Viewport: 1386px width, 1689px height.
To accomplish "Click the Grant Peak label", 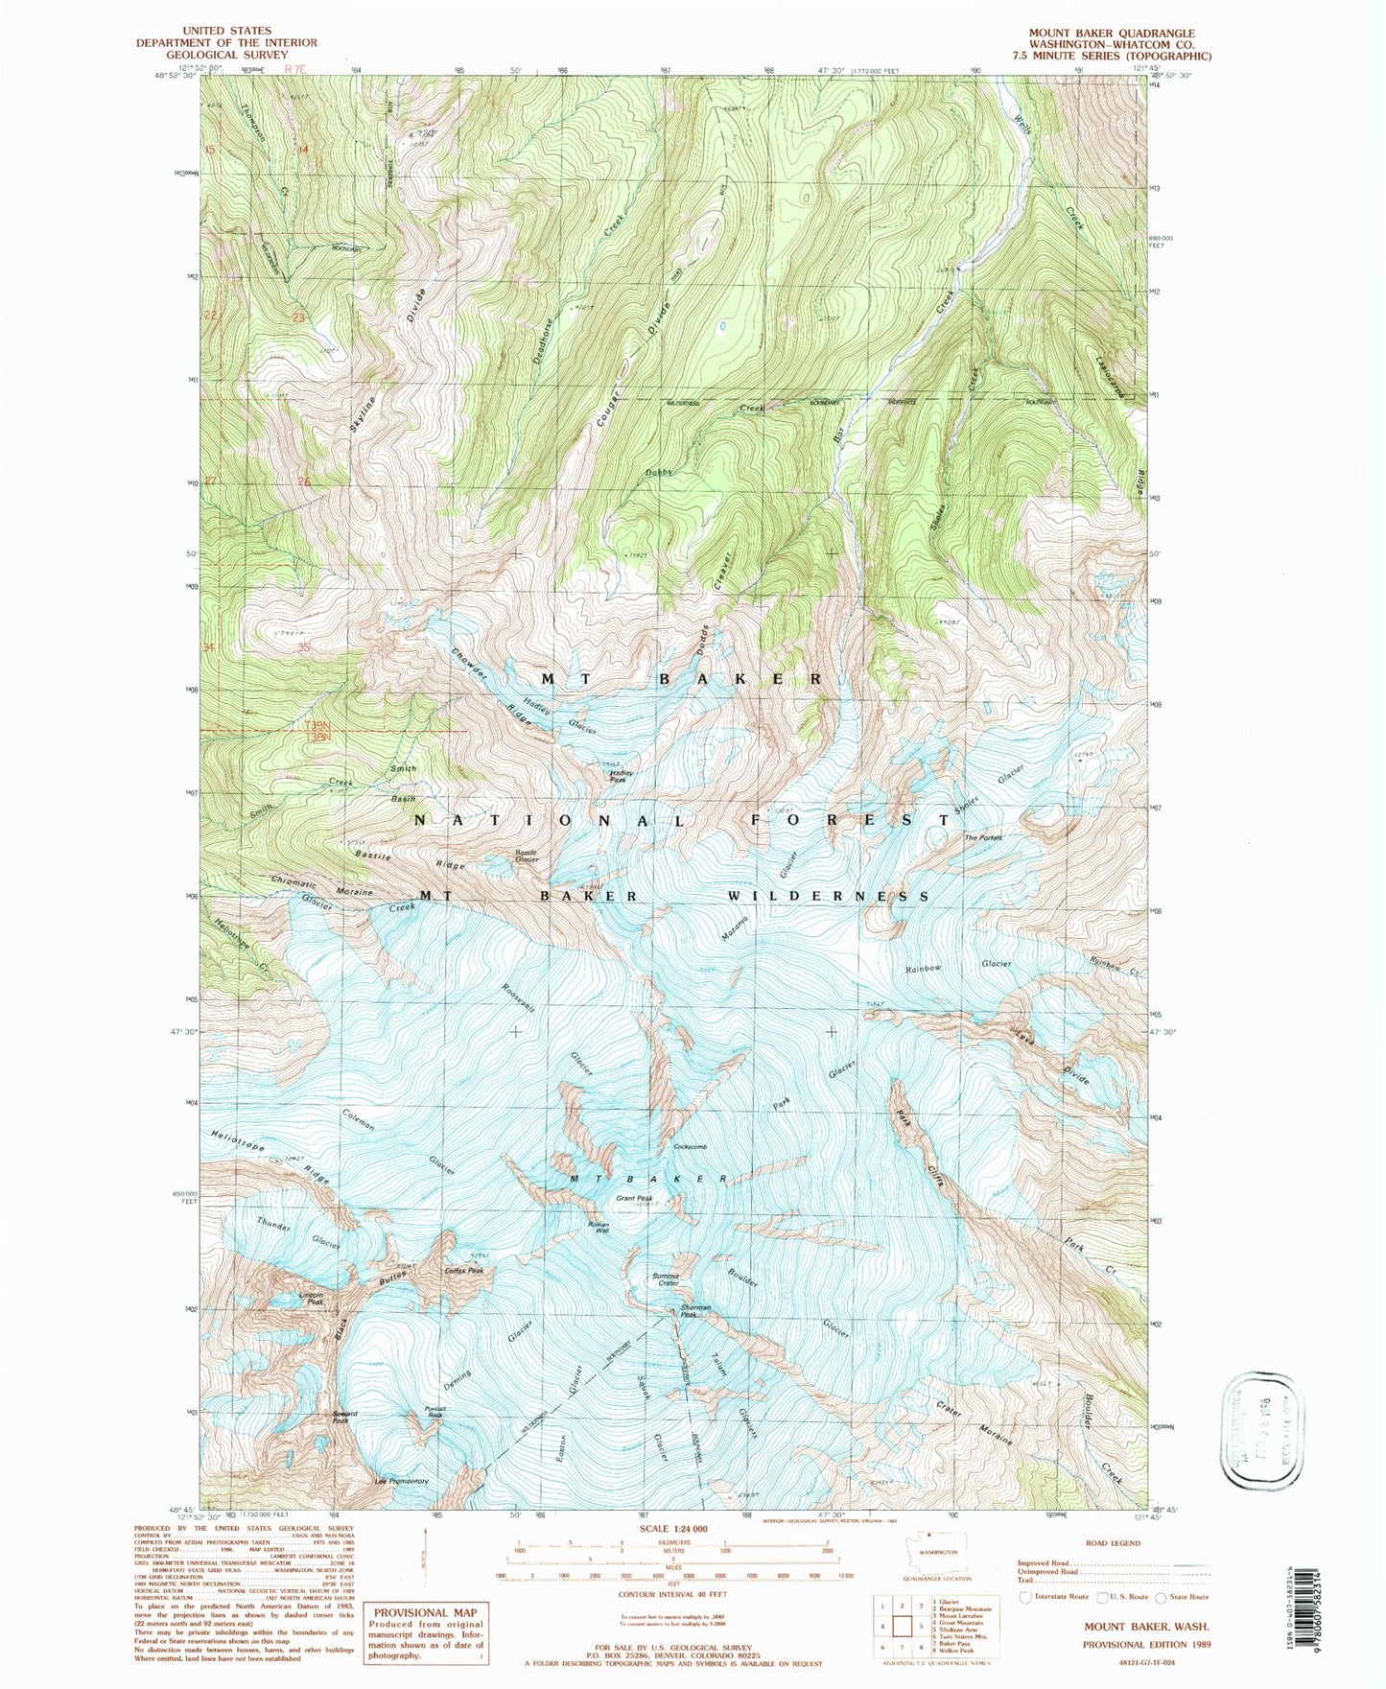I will (634, 1199).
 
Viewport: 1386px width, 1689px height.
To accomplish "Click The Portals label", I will (983, 838).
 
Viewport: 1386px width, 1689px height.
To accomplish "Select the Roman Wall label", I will (599, 1229).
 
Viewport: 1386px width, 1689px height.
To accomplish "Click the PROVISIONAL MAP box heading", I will (418, 1613).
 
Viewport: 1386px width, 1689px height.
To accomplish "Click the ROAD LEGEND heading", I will (1113, 1543).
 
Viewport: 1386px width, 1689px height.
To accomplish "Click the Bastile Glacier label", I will (527, 856).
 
